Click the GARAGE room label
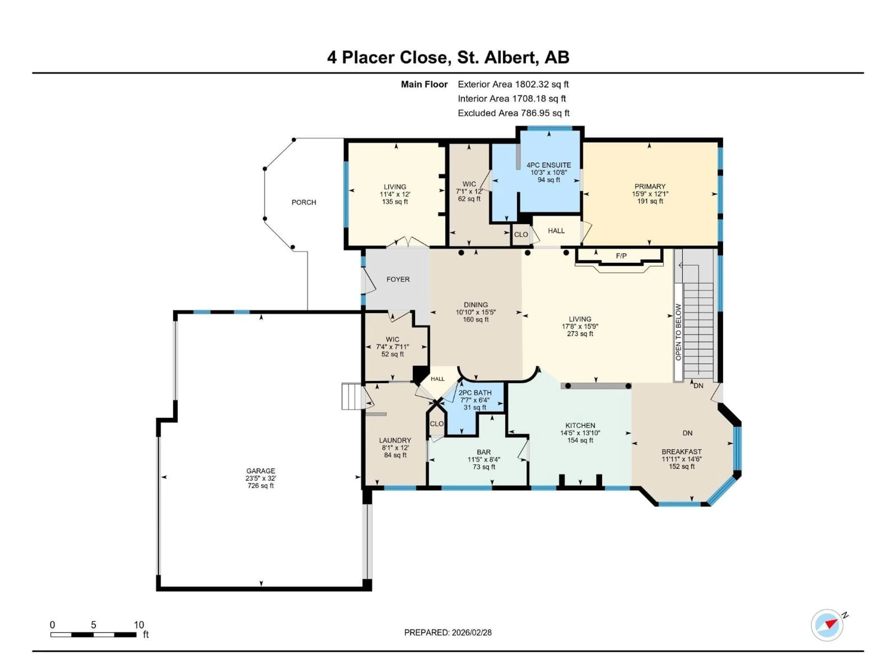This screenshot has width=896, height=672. tap(260, 471)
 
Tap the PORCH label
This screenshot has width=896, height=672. tap(304, 202)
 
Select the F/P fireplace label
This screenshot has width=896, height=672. tap(621, 255)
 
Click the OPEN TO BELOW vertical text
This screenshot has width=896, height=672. tap(678, 332)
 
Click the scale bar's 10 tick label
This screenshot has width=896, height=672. tap(139, 625)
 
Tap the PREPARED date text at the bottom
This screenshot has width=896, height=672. tap(448, 632)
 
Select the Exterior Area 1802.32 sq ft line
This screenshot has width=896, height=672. tap(513, 84)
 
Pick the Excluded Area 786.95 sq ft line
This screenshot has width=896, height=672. tap(513, 113)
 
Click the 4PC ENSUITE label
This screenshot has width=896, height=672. tap(549, 165)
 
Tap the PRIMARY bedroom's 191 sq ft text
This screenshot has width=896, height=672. tap(650, 201)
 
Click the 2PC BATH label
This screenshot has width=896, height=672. tap(475, 392)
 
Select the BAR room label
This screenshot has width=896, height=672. tap(484, 452)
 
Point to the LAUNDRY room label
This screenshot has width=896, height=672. tap(395, 440)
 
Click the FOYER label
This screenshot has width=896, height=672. tap(398, 279)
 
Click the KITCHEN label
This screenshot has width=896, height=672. tap(580, 425)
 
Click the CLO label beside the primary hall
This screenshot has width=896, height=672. tap(521, 234)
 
